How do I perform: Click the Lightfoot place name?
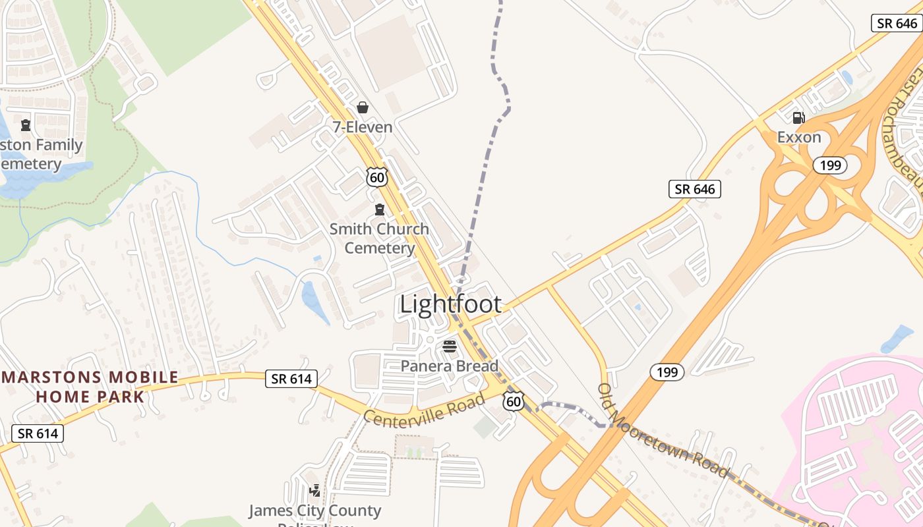pos(450,304)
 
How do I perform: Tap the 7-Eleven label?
pos(362,127)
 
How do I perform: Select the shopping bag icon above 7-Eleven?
pos(362,107)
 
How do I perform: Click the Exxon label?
pos(799,137)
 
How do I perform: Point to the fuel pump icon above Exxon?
pos(798,118)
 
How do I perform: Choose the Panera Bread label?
pos(450,366)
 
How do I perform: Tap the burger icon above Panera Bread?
pos(450,347)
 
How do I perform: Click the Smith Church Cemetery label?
pos(379,238)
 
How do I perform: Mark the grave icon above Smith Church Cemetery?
pos(379,209)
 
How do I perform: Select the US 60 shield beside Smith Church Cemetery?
pos(377,177)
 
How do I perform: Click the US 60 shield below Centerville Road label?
pos(513,401)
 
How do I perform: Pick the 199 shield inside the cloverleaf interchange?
pos(829,165)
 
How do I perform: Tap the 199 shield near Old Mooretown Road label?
pos(667,372)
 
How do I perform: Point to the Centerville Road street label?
pos(425,408)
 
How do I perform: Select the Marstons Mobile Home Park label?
pos(90,387)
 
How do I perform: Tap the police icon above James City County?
pos(315,491)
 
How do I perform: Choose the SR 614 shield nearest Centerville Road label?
pos(291,378)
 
